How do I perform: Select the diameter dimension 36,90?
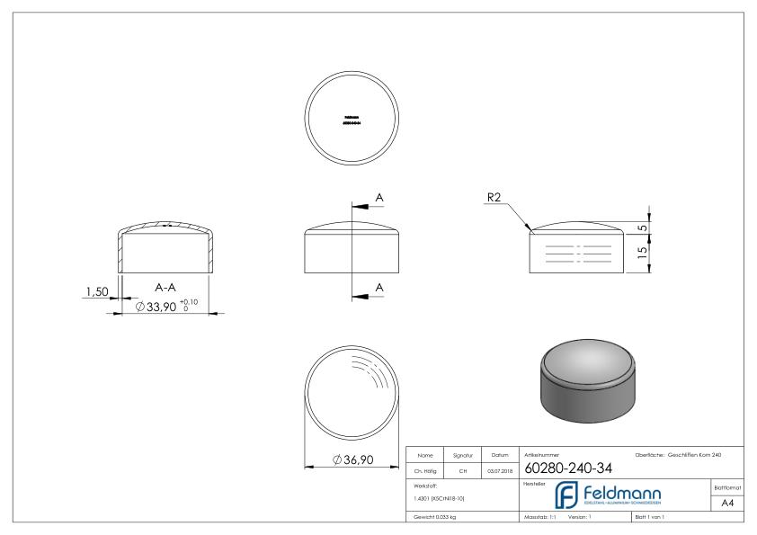pyautogui.click(x=352, y=460)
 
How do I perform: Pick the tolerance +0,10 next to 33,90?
pyautogui.click(x=188, y=302)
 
